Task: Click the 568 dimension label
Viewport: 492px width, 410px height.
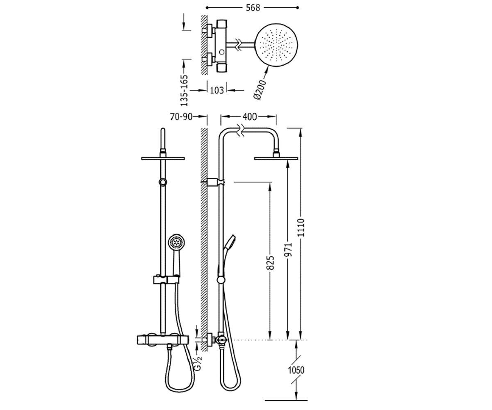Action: (x=253, y=8)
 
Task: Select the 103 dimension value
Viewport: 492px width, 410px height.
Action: (x=216, y=90)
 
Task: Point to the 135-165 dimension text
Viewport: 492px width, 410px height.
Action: (x=184, y=91)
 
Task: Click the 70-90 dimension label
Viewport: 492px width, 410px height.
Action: (x=181, y=116)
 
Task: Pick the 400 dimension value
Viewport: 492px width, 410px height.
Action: (x=250, y=116)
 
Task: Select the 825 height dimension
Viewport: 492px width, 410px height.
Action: (x=271, y=263)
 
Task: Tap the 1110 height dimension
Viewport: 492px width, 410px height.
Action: (x=301, y=228)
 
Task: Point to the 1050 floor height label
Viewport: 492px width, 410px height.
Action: (x=296, y=370)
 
